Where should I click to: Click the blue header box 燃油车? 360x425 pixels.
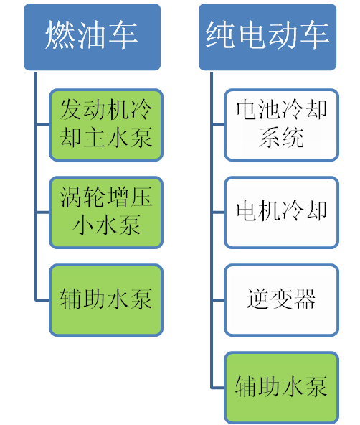coord(92,37)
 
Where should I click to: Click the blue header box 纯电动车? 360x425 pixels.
coord(267,37)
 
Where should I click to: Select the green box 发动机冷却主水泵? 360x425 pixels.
coord(106,125)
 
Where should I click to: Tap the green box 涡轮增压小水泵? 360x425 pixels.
coord(106,212)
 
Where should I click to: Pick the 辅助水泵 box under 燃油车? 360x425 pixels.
coord(106,300)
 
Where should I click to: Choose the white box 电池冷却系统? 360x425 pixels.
coord(282,125)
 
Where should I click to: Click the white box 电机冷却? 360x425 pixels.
coord(282,212)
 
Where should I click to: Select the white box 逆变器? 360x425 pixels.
coord(282,300)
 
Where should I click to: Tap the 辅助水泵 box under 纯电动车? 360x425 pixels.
coord(282,388)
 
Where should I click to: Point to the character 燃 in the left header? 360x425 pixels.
coord(60,35)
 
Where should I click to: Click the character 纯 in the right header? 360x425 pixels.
coord(219,35)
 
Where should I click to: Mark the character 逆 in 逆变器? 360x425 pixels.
coord(258,299)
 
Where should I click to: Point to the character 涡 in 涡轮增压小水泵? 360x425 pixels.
coord(71,197)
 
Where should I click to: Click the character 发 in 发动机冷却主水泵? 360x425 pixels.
coord(71,109)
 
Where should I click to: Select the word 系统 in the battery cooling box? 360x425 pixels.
coord(282,137)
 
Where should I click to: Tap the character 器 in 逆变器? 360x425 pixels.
coord(305,299)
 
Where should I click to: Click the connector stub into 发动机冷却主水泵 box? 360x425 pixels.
coord(43,125)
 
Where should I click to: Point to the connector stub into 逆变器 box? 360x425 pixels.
coord(218,300)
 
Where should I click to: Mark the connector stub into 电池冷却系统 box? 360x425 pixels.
coord(218,125)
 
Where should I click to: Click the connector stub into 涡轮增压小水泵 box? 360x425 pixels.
coord(43,212)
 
